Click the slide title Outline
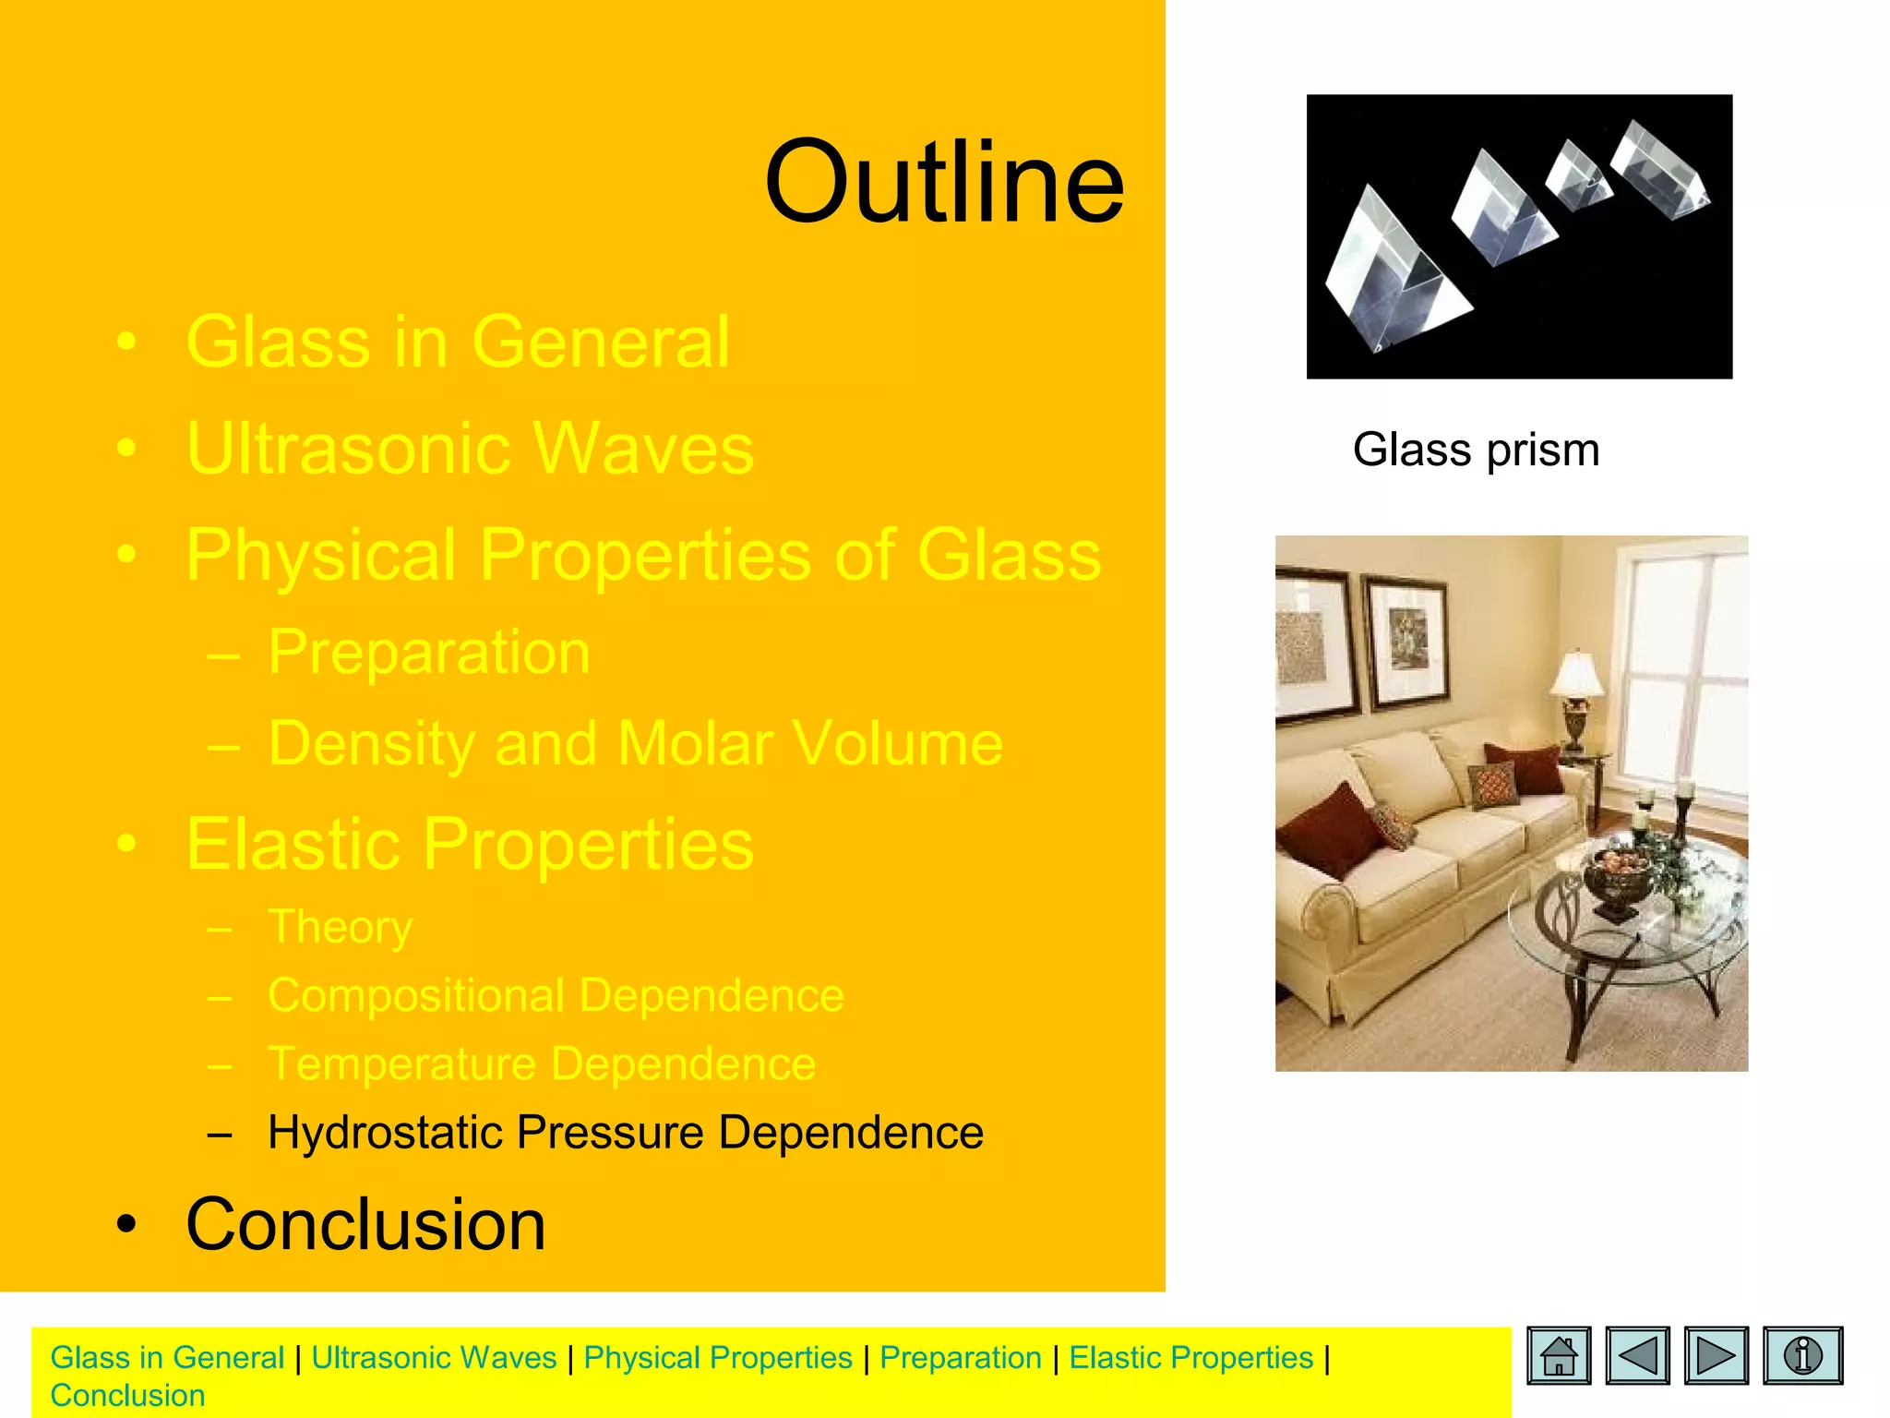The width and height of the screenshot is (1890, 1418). coord(944,182)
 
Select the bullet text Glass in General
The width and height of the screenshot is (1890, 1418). coord(458,342)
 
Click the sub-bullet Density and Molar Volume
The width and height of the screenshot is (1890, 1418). coord(635,743)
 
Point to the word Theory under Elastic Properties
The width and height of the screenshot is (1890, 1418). coord(340,926)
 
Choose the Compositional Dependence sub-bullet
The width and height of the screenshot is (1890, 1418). coord(556,995)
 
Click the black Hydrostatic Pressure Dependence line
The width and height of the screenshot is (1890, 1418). coord(625,1132)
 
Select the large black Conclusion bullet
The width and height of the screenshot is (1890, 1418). coord(365,1224)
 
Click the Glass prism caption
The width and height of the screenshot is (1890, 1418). coord(1476,451)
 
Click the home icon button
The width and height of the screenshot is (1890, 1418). coord(1559,1355)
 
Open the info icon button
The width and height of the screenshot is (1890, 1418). coord(1802,1355)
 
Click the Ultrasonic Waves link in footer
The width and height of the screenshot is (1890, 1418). coord(434,1358)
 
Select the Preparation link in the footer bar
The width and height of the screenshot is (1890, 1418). coord(960,1358)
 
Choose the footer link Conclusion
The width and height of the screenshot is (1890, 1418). coord(127,1396)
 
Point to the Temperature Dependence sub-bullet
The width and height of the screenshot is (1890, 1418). coord(542,1063)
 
